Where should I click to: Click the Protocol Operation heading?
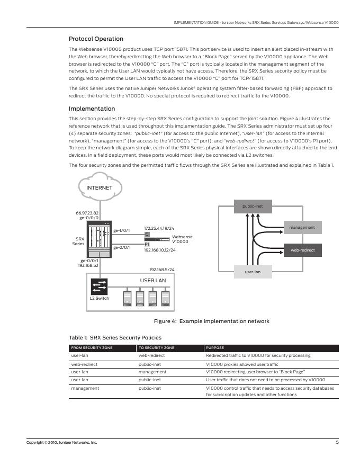96,39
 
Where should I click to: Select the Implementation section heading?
92,109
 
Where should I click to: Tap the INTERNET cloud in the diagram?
100,187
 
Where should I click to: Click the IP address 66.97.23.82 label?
87,213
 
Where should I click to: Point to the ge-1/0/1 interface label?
122,230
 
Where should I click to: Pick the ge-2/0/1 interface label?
122,247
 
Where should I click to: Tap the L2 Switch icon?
99,286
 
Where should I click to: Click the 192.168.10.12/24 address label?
160,250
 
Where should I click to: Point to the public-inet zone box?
253,206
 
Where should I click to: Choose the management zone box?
302,227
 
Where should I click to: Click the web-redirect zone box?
302,249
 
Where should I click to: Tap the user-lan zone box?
253,272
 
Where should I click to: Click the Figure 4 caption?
211,321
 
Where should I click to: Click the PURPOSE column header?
214,348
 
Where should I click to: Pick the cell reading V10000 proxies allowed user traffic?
241,364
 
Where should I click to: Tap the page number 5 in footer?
337,442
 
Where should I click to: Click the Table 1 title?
115,337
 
